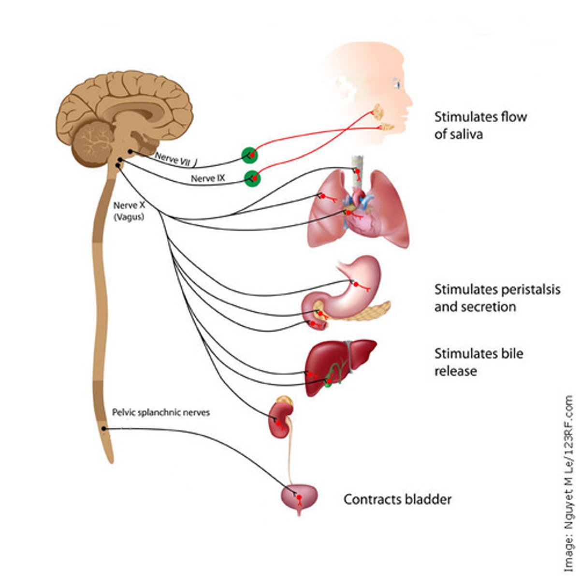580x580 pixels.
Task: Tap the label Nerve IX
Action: pyautogui.click(x=208, y=178)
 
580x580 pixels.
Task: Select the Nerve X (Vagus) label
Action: pyautogui.click(x=129, y=211)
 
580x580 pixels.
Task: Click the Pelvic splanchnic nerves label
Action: pyautogui.click(x=161, y=413)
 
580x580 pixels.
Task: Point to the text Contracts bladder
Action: pyautogui.click(x=397, y=499)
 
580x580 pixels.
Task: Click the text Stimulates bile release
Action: pyautogui.click(x=478, y=362)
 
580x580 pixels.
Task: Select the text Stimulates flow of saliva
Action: pyautogui.click(x=480, y=125)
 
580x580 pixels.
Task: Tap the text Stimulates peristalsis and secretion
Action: pyautogui.click(x=497, y=298)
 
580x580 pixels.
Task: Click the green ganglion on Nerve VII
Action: pyautogui.click(x=250, y=155)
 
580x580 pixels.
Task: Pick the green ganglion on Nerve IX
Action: pyautogui.click(x=252, y=178)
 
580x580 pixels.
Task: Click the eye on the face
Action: pyautogui.click(x=397, y=83)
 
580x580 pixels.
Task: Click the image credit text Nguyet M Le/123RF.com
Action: pyautogui.click(x=570, y=483)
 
